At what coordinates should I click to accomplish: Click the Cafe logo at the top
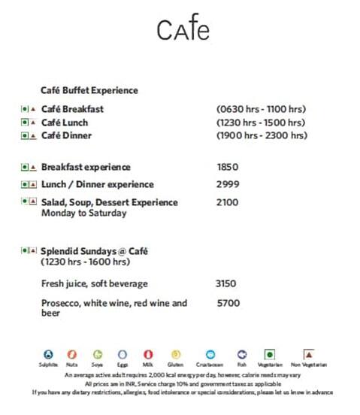coord(183,29)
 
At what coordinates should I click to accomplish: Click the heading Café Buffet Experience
coord(89,90)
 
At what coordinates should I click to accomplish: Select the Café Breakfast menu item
coord(72,109)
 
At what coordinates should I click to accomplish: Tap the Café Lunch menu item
coord(65,123)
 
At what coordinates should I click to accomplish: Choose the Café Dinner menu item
coord(67,135)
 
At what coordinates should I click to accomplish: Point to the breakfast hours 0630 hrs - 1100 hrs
coord(260,109)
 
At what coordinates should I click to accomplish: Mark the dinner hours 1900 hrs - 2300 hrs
coord(262,135)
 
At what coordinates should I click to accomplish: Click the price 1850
coord(227,167)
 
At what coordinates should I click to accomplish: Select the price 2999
coord(227,184)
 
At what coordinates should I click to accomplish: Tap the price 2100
coord(227,202)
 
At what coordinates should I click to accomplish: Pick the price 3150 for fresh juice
coord(225,283)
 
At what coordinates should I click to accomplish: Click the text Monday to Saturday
coord(84,213)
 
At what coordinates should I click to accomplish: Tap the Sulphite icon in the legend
coord(49,354)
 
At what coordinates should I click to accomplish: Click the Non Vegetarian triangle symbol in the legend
coord(308,353)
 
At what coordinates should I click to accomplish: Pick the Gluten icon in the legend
coord(176,354)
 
